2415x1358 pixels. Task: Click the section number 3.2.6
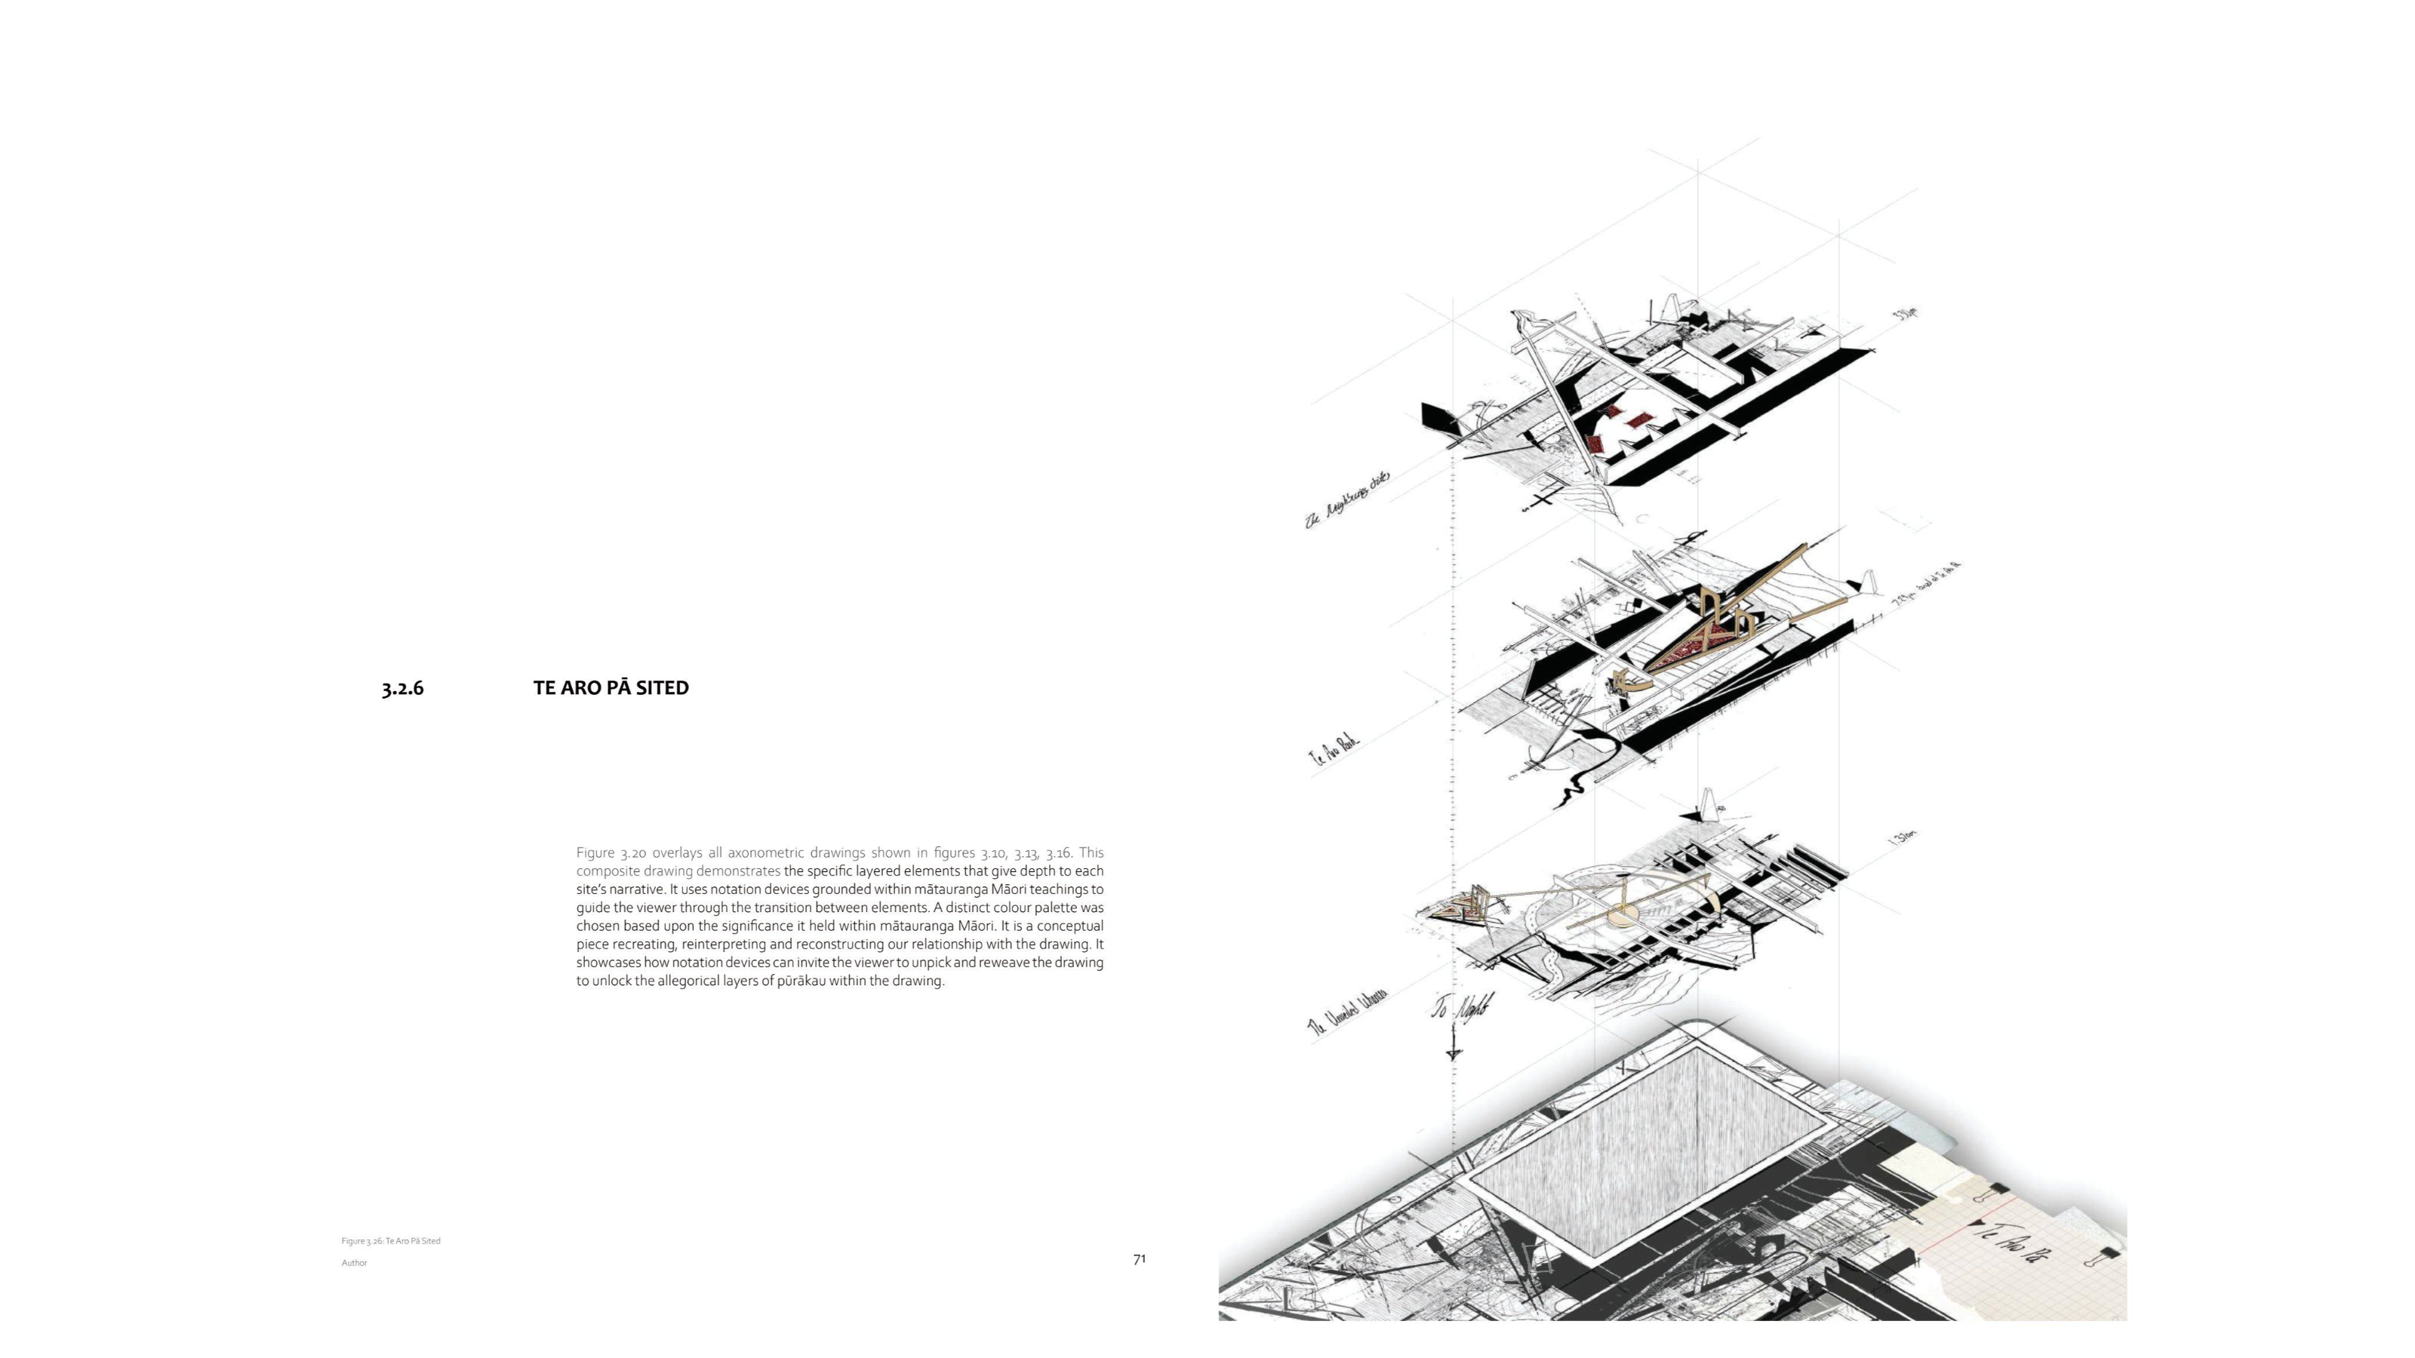click(402, 688)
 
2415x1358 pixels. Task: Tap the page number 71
click(1139, 1260)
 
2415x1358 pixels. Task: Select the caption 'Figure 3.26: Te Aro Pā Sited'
click(391, 1241)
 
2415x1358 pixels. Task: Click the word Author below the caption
click(355, 1262)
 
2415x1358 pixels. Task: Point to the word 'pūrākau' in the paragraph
click(801, 982)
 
